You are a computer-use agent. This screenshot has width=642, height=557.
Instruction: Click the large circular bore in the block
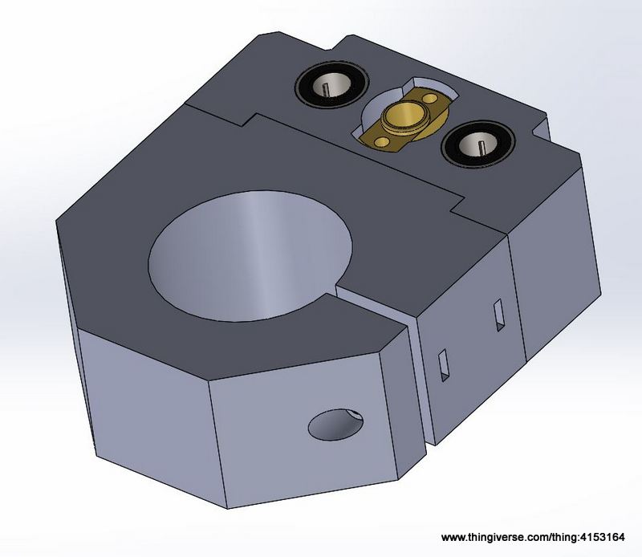250,256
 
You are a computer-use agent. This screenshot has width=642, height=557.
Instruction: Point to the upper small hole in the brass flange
430,98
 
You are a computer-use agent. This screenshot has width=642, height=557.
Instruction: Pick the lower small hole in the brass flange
382,142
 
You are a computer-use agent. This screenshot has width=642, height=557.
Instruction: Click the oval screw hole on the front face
335,425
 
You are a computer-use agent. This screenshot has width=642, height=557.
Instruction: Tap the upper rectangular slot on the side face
498,315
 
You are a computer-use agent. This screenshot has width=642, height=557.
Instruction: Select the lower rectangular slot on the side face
444,365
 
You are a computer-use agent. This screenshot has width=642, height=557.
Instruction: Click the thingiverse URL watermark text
533,538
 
